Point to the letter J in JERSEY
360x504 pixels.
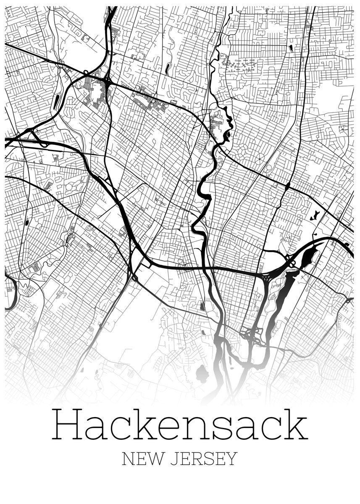click(173, 459)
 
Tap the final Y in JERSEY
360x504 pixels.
click(232, 459)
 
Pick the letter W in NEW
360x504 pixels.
click(155, 459)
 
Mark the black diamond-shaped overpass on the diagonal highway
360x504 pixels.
click(288, 185)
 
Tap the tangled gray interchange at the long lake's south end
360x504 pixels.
click(251, 335)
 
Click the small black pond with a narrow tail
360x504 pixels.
click(314, 217)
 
